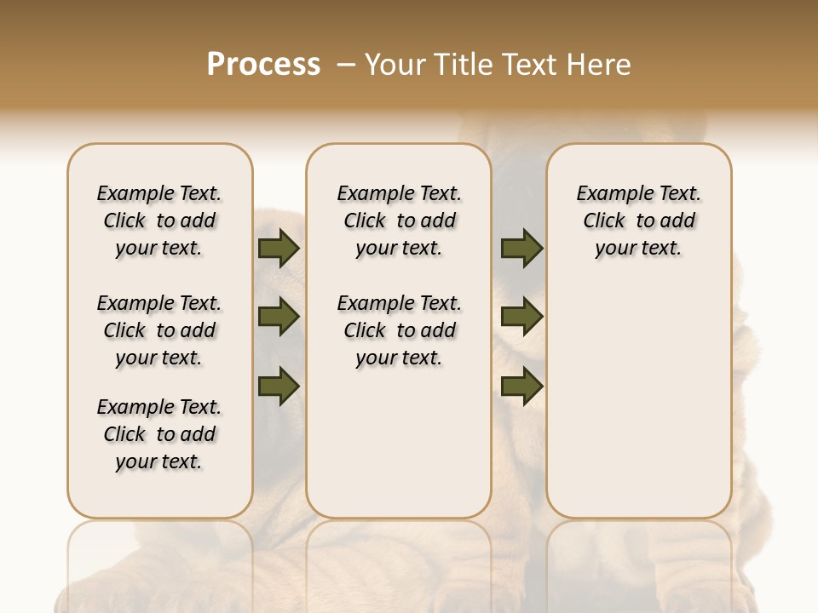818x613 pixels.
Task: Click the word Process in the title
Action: [263, 64]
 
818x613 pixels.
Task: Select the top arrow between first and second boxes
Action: [279, 249]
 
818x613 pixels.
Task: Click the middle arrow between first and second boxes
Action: [279, 318]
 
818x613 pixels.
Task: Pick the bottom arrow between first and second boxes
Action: [279, 387]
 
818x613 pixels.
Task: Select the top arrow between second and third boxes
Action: [521, 249]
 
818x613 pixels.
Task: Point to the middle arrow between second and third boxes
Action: [521, 318]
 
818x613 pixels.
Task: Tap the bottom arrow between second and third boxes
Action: [521, 387]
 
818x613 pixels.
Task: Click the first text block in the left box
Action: [159, 221]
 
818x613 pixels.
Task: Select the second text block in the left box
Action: [159, 330]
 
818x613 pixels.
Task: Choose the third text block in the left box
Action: [159, 434]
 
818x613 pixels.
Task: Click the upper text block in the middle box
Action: [399, 221]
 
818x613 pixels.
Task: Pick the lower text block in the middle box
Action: [399, 330]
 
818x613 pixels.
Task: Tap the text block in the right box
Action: [638, 221]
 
